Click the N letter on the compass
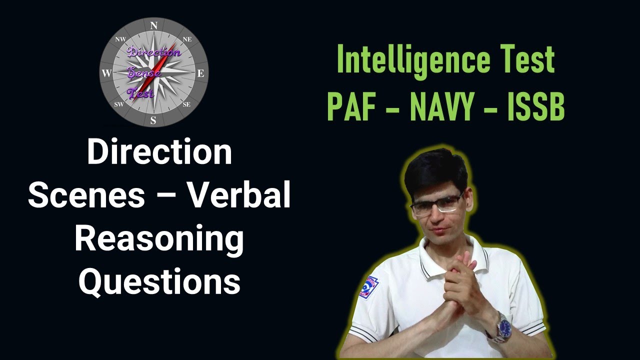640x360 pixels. [x=154, y=25]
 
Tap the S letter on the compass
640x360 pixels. [x=153, y=120]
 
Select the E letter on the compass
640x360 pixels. [x=201, y=73]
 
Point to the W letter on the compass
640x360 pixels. [x=106, y=73]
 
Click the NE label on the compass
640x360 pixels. [x=187, y=39]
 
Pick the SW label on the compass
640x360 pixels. [x=119, y=104]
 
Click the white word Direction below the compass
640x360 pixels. [x=159, y=152]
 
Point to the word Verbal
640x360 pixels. [x=239, y=196]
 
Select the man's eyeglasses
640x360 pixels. [x=435, y=204]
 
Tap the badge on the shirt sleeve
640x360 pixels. [x=368, y=287]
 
